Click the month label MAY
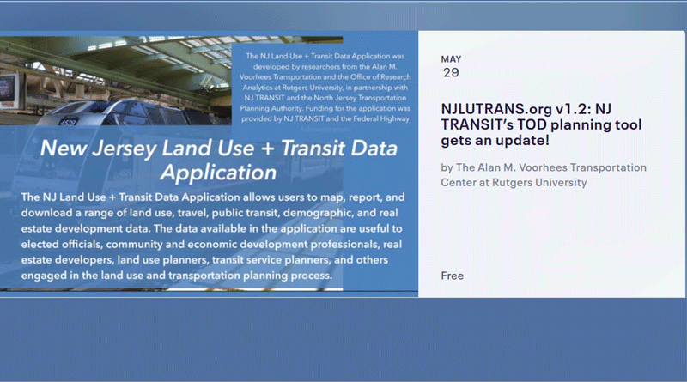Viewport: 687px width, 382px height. [x=451, y=59]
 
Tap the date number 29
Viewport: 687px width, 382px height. [x=451, y=73]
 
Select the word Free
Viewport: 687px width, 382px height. [x=453, y=276]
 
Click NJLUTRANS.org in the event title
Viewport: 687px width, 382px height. [x=496, y=109]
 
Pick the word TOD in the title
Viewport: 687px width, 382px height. [x=532, y=124]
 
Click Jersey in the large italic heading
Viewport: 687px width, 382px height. [x=125, y=149]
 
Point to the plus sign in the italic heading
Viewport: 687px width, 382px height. [x=267, y=149]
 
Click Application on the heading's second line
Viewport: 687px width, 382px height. [x=219, y=173]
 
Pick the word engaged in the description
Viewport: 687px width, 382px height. [x=38, y=276]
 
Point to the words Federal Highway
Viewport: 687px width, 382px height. [x=380, y=118]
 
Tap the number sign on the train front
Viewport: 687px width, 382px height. [x=68, y=122]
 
